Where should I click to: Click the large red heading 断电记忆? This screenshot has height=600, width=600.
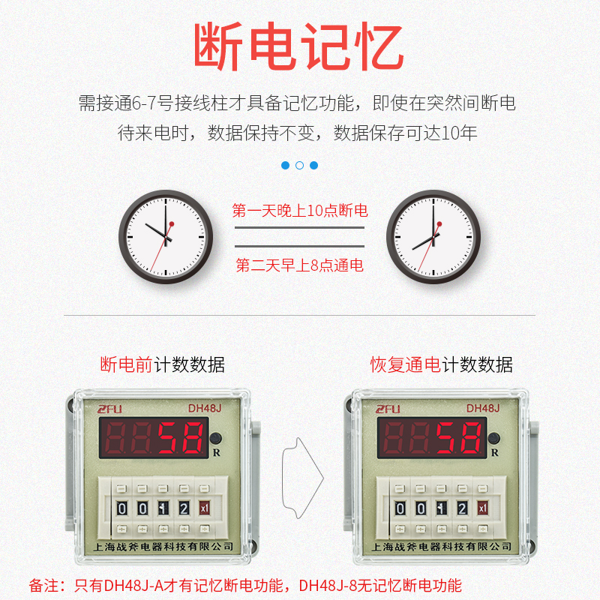298,47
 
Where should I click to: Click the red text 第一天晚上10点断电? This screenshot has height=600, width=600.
300,211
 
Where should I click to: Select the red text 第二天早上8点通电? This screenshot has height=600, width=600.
300,265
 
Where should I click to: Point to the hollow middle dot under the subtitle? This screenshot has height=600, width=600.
299,165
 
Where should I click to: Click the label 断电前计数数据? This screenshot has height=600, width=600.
162,365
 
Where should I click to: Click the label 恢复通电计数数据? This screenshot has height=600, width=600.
441,365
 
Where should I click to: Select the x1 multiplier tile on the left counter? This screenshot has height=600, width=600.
204,508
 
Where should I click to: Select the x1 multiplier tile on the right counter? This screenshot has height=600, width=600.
483,508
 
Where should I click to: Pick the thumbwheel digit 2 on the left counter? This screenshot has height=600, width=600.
184,508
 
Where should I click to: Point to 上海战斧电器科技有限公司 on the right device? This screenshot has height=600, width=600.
441,546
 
